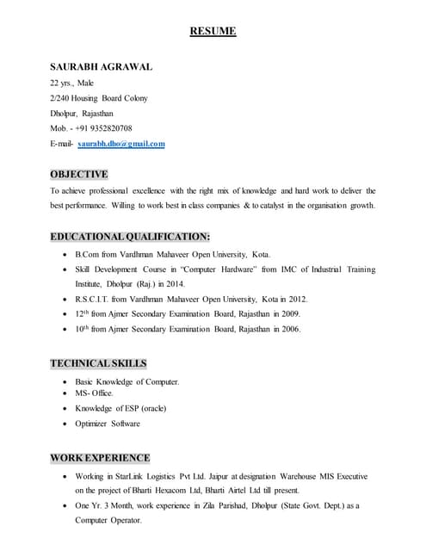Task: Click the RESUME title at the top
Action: (213, 32)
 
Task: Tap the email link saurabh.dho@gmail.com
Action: (121, 144)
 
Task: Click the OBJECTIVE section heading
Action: (78, 174)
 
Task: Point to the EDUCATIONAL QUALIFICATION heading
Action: (130, 236)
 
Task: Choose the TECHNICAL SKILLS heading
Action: (97, 363)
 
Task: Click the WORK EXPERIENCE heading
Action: (100, 457)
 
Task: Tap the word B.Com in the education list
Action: (86, 255)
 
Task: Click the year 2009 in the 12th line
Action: (291, 314)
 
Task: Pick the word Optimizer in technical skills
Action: (93, 424)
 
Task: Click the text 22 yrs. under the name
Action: (60, 83)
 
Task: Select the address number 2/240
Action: (59, 98)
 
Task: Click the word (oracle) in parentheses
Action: (150, 408)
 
